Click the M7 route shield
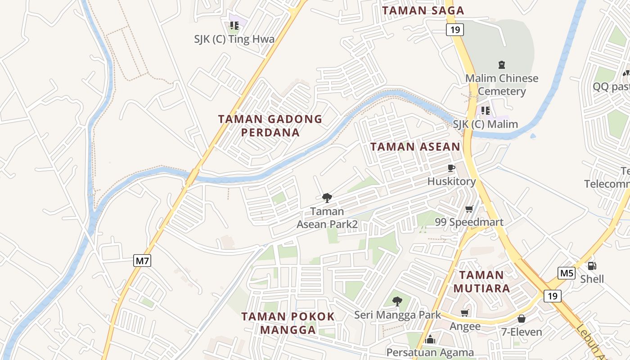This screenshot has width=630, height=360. click(x=142, y=261)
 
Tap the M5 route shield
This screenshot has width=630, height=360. click(x=566, y=273)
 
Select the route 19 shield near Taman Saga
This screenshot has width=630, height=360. click(x=454, y=30)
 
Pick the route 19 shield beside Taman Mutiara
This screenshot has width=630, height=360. click(x=552, y=296)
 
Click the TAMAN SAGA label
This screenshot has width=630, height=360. click(x=423, y=11)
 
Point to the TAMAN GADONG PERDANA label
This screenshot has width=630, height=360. click(x=270, y=126)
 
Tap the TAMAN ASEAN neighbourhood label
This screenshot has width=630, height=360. click(x=415, y=147)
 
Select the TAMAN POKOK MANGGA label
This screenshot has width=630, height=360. click(x=288, y=323)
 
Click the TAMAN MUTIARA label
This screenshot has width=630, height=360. click(x=481, y=281)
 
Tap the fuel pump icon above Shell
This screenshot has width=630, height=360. click(x=592, y=266)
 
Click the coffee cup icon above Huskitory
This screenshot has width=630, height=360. click(x=451, y=168)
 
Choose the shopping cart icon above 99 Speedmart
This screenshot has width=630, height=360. click(x=469, y=209)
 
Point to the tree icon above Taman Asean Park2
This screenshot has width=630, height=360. click(x=327, y=198)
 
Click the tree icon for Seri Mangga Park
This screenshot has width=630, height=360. click(x=397, y=301)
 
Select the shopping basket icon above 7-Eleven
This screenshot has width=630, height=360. click(x=522, y=319)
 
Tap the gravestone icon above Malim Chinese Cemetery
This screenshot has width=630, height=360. click(x=502, y=65)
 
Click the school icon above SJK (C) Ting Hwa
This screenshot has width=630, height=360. click(x=234, y=26)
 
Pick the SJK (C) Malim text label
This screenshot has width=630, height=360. click(x=485, y=124)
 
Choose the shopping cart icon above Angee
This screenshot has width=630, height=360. click(x=465, y=313)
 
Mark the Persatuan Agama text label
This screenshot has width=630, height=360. click(x=430, y=352)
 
